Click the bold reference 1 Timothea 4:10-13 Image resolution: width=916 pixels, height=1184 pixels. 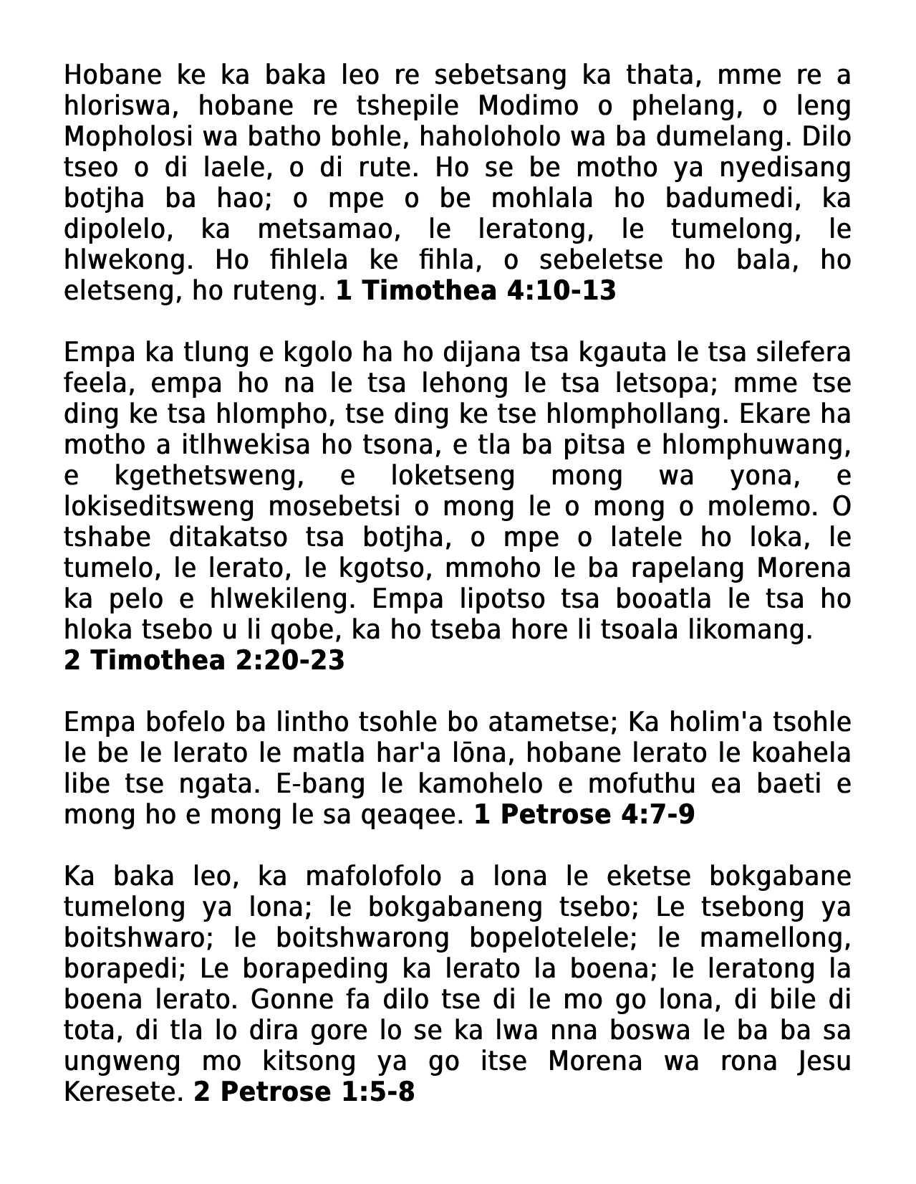point(476,290)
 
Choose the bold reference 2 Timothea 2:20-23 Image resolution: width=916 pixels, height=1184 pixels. point(204,660)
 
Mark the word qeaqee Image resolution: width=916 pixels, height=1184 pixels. point(424,814)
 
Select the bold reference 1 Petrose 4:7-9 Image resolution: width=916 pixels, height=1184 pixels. point(584,814)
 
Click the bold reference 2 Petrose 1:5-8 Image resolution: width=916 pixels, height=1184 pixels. point(304,1092)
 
